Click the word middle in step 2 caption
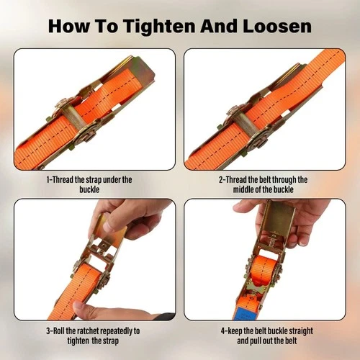coord(243,189)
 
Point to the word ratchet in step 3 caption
coord(87,331)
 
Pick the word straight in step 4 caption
coord(301,331)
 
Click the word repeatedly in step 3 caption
coord(116,331)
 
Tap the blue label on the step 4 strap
coord(246,312)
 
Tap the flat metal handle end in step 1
coord(143,69)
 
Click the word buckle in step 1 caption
coord(89,189)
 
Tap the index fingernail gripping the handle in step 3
coord(109,226)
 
